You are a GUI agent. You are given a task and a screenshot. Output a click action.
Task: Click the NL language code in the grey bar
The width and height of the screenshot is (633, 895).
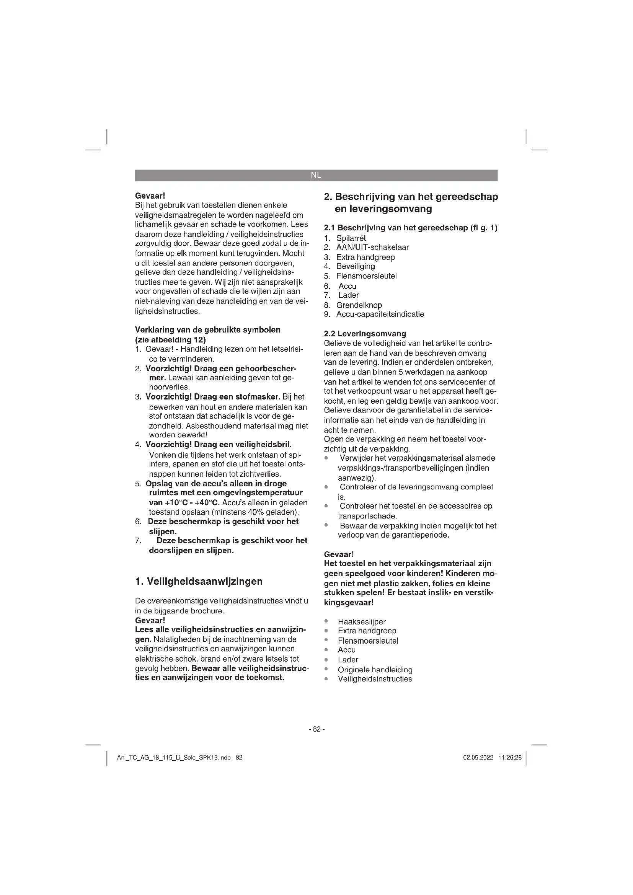316,175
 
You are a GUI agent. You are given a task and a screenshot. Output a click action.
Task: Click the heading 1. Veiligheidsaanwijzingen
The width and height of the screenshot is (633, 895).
199,582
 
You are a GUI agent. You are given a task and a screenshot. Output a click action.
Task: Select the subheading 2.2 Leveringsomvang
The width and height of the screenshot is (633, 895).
365,334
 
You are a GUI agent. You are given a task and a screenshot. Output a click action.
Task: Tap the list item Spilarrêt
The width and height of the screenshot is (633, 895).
351,238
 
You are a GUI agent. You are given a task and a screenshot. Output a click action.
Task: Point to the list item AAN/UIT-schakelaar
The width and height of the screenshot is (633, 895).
373,247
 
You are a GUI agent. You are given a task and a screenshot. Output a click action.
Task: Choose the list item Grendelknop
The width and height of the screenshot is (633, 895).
359,305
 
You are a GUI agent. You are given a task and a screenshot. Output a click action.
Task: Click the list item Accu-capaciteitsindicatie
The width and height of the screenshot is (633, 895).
380,314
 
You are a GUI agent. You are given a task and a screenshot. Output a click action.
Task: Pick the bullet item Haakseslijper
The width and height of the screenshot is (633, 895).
362,622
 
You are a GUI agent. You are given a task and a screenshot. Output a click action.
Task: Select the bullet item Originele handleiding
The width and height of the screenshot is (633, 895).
375,670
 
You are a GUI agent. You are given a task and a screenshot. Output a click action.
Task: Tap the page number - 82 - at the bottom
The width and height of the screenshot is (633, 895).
316,729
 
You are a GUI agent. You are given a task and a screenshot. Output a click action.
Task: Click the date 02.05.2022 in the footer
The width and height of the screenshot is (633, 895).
478,758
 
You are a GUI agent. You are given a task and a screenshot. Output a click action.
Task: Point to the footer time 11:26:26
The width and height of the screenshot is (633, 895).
510,758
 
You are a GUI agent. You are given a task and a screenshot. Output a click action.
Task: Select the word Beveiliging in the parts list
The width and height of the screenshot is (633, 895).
356,266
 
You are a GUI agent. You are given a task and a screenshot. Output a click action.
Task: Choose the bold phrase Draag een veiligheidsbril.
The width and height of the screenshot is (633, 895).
243,445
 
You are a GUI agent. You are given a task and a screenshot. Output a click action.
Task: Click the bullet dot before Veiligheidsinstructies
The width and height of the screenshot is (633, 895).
326,679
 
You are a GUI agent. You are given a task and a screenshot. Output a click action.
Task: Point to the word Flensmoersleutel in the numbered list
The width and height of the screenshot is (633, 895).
366,276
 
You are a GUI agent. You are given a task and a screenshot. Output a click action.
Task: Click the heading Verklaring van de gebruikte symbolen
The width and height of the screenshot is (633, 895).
207,330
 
